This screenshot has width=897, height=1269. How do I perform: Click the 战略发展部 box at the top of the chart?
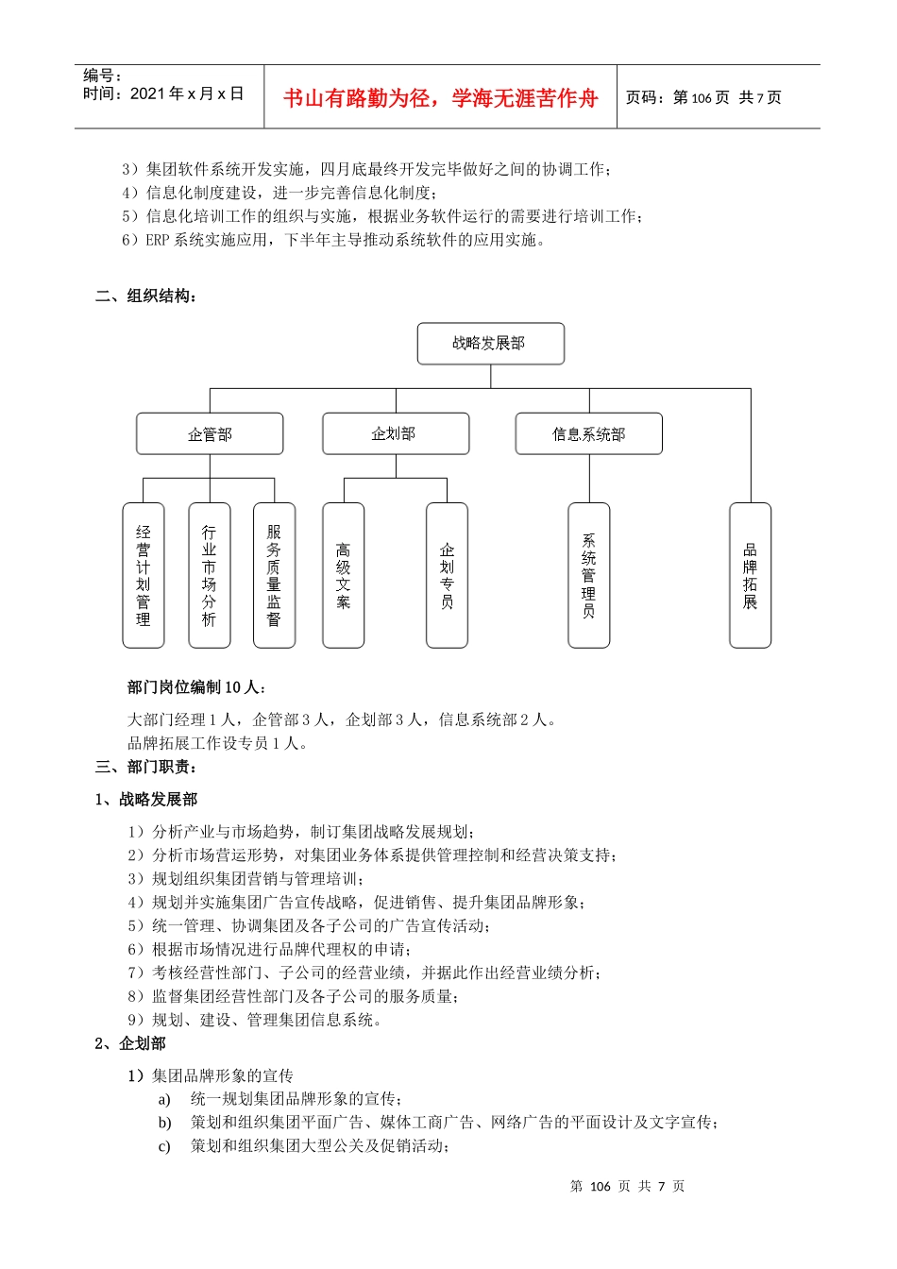(490, 344)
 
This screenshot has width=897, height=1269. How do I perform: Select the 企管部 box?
(210, 434)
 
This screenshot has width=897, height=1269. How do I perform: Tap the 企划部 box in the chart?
(396, 433)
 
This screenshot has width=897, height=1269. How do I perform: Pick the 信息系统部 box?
(588, 434)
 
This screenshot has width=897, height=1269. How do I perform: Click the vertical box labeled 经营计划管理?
(144, 575)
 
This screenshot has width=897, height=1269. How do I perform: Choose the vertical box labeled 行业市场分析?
(209, 575)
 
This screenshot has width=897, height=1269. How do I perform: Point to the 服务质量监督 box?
(274, 575)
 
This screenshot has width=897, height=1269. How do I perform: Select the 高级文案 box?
(343, 575)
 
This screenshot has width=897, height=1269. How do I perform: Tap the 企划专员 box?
(447, 575)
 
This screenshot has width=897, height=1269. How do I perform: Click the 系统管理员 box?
(588, 575)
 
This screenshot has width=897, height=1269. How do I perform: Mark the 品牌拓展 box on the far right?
(750, 575)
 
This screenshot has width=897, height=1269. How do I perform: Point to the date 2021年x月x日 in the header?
(187, 93)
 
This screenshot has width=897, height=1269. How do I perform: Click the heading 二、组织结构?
(146, 296)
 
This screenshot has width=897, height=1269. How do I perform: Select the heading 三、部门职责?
(146, 767)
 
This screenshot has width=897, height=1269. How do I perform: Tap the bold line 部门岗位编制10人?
(196, 687)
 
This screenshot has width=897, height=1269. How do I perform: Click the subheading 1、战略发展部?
(146, 800)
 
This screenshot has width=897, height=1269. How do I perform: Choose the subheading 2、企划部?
(130, 1043)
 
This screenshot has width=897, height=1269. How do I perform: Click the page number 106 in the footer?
(601, 1187)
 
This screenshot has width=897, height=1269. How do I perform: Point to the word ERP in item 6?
(157, 240)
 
